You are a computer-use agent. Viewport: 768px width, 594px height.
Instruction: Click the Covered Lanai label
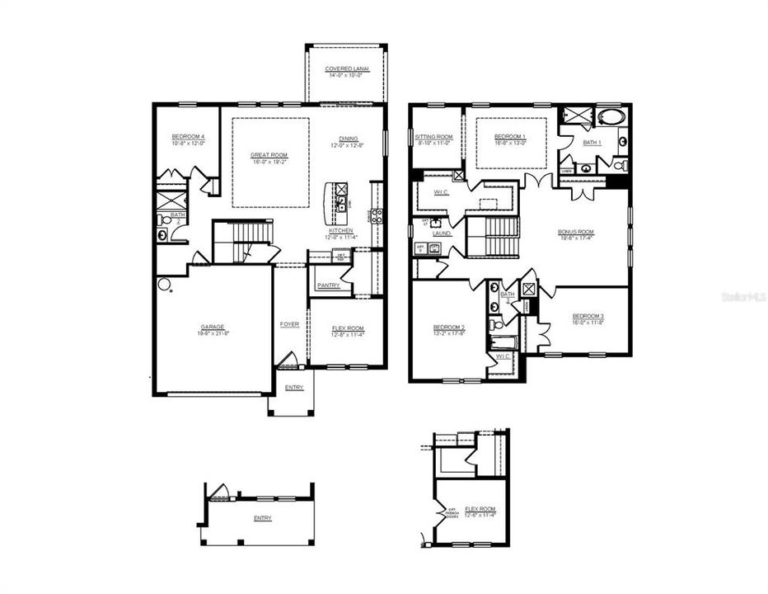[346, 68]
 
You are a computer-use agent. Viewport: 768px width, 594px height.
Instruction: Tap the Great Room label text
[269, 154]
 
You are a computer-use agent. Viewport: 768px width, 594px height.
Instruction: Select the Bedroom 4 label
[188, 136]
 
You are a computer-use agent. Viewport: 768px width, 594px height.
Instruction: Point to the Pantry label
[329, 286]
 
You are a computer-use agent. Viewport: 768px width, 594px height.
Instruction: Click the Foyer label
[289, 324]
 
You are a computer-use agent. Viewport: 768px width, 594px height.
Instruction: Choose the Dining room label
[349, 139]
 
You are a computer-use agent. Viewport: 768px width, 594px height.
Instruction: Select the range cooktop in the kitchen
[377, 216]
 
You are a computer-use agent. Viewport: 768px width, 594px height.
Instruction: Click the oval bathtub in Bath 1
[612, 115]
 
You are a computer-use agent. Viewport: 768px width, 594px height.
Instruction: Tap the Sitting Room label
[433, 136]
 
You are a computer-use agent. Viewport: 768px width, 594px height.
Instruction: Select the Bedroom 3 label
[588, 316]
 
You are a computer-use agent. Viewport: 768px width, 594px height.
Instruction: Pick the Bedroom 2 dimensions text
[449, 333]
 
